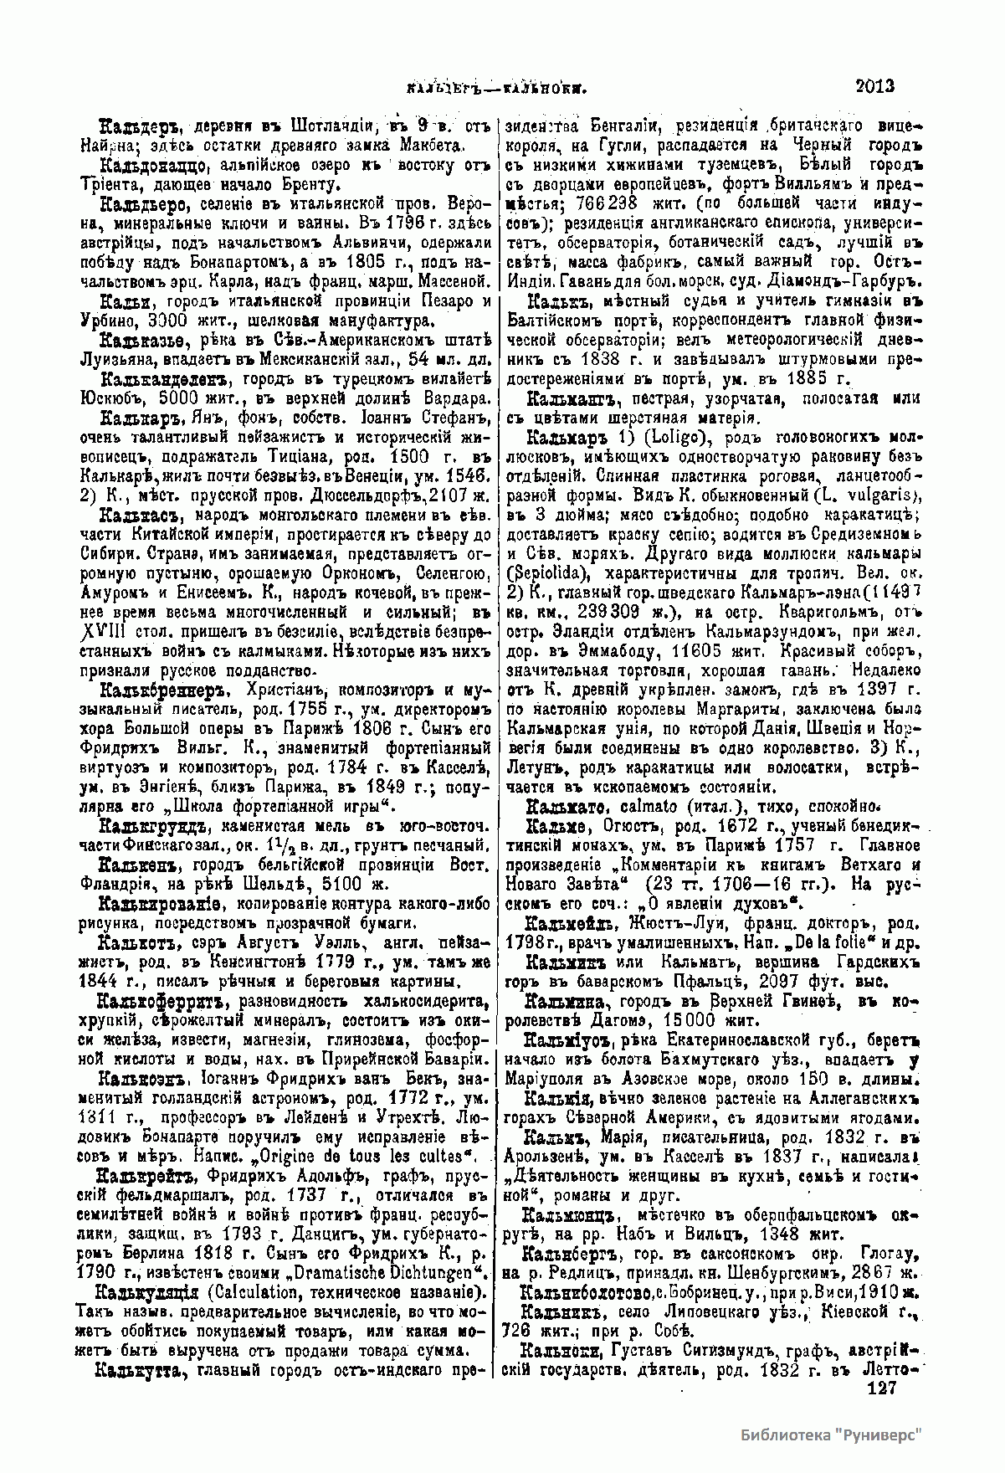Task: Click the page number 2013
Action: pos(875,85)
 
